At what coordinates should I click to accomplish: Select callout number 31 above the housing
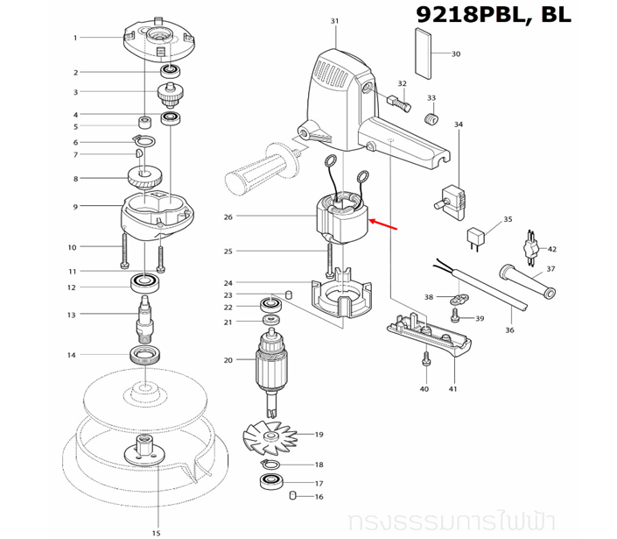pos(334,20)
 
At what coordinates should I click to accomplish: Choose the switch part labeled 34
pos(451,195)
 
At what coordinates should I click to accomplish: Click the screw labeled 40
pos(424,359)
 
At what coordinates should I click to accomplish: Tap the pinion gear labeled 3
pos(168,91)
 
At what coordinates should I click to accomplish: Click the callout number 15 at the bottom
pos(156,532)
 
